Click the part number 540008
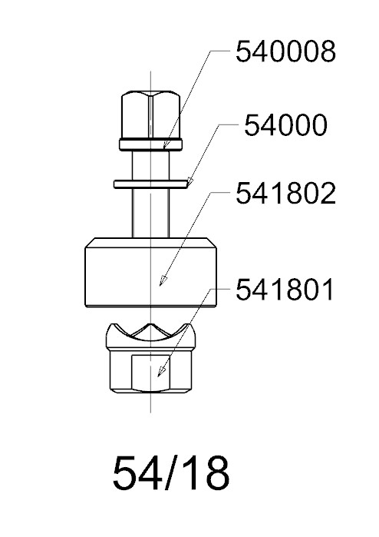(x=285, y=51)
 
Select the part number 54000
(x=285, y=125)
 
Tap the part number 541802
(x=285, y=194)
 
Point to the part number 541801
(x=285, y=290)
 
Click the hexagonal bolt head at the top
(x=151, y=114)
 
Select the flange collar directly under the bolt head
(x=151, y=144)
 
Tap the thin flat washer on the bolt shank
(x=151, y=184)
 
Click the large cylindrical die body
(x=150, y=272)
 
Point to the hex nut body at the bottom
(x=150, y=372)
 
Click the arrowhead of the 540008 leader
(x=165, y=145)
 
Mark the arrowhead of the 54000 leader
(x=189, y=182)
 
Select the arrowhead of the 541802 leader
(x=163, y=281)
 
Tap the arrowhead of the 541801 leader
(x=160, y=373)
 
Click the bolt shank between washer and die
(x=151, y=213)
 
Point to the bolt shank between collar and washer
(x=151, y=165)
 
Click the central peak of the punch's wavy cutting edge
(x=150, y=325)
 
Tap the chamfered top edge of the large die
(x=150, y=243)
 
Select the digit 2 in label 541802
(x=328, y=194)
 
